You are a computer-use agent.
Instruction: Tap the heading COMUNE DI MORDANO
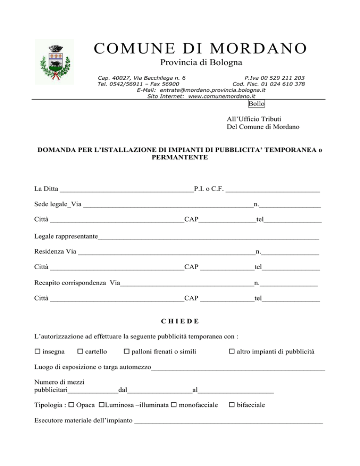(x=200, y=48)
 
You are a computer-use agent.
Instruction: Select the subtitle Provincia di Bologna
(x=201, y=63)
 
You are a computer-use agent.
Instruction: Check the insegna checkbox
(x=37, y=352)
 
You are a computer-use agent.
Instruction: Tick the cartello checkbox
(x=80, y=352)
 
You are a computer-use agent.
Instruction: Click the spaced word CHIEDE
(x=180, y=321)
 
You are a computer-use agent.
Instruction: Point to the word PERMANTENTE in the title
(x=180, y=158)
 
